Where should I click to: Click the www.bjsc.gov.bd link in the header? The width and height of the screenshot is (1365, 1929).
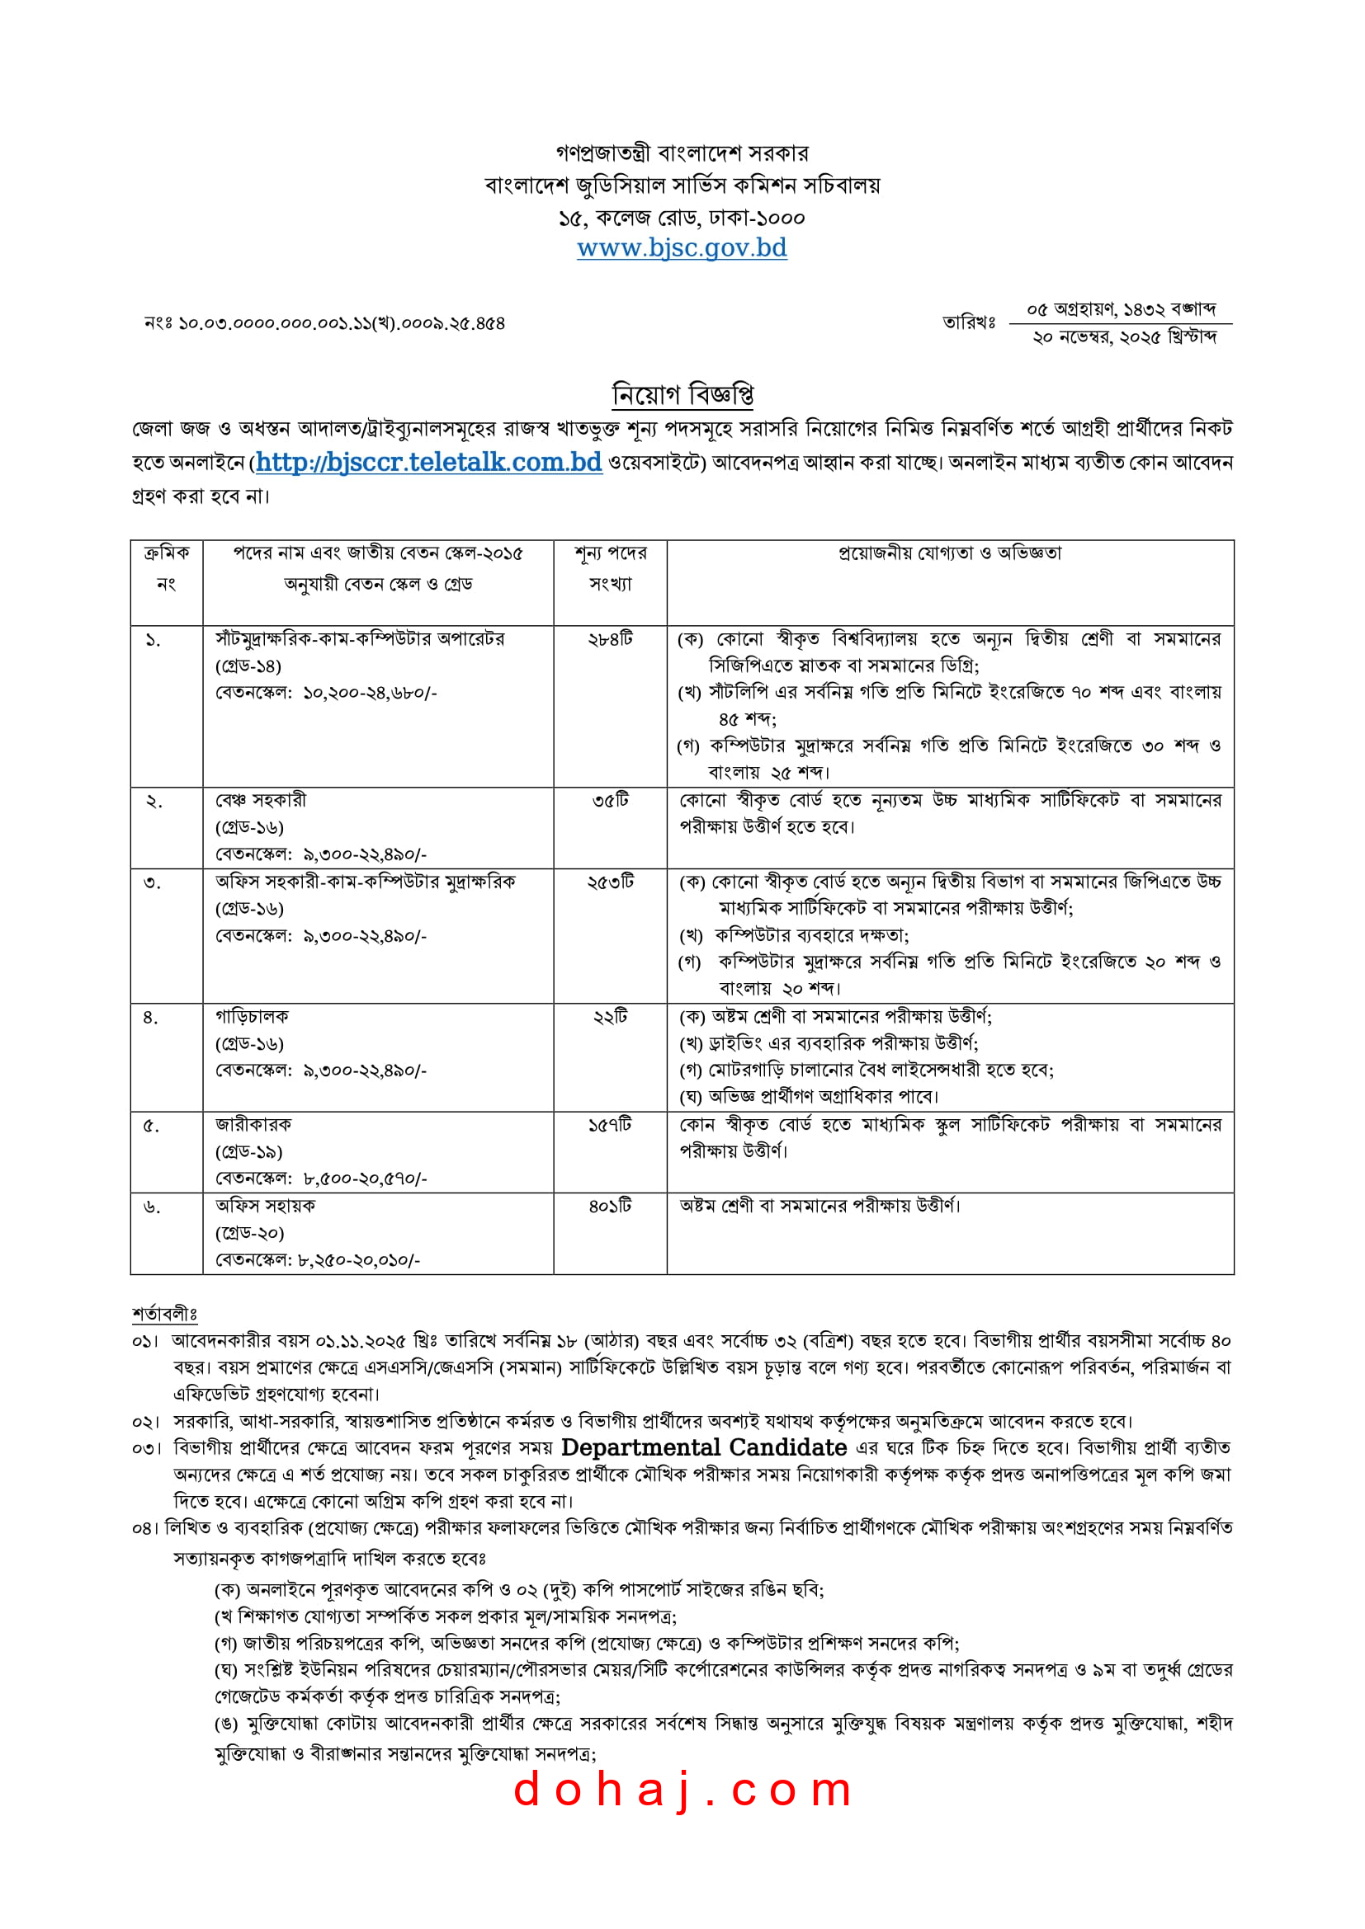coord(682,248)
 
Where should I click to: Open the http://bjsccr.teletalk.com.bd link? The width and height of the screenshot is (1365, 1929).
coord(428,462)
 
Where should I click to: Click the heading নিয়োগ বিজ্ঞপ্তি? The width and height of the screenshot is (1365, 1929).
coord(682,393)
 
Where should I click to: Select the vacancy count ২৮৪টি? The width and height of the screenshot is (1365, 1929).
coord(610,639)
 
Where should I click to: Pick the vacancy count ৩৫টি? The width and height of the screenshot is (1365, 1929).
coord(610,801)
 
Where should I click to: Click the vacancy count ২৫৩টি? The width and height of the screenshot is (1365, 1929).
coord(610,882)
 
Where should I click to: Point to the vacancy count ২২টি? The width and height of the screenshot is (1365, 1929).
coord(610,1017)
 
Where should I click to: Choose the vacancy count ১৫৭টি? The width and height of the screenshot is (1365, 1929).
coord(610,1125)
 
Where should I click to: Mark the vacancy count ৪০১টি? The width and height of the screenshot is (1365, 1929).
coord(610,1207)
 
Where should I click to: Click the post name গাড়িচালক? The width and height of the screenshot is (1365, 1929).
coord(253,1017)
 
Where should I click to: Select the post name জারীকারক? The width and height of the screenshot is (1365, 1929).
coord(254,1125)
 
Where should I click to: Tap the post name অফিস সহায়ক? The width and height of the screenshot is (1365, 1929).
coord(266,1207)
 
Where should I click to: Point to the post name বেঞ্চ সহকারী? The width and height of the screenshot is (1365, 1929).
coord(262,801)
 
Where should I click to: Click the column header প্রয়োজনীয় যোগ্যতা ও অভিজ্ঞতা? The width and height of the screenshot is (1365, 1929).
coord(950,553)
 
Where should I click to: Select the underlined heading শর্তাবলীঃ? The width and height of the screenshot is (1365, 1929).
coord(164,1314)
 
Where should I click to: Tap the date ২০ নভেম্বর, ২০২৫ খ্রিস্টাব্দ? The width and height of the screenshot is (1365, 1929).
coord(1125,338)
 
